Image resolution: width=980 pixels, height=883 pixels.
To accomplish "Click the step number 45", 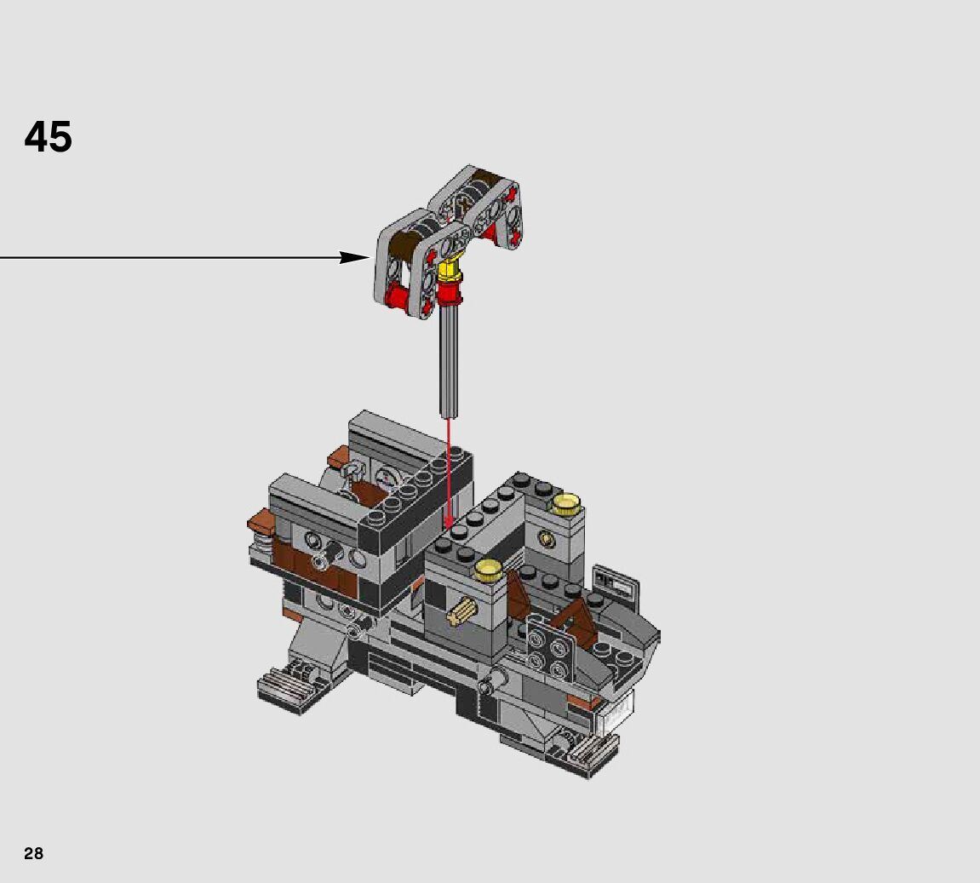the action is click(x=49, y=137).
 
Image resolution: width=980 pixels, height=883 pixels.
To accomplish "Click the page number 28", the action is click(x=34, y=853).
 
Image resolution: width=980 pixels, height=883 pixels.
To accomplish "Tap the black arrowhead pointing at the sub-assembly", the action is click(x=354, y=257).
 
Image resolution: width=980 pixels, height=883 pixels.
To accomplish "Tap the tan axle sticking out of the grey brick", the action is click(x=462, y=611).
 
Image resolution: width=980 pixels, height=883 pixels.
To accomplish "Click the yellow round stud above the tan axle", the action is click(x=489, y=570).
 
